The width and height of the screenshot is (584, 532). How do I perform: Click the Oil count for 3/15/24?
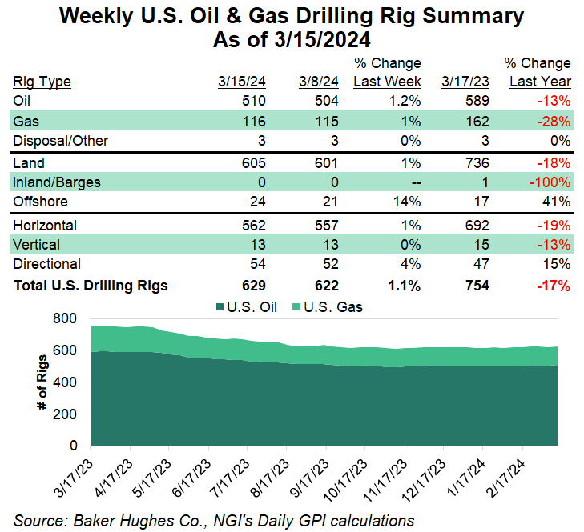252,101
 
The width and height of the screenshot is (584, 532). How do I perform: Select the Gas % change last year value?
554,122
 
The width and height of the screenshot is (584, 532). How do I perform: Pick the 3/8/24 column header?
319,82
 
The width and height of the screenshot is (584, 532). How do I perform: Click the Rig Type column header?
42,82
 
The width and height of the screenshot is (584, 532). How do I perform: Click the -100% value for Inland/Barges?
550,183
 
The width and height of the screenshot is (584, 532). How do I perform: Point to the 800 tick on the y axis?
65,318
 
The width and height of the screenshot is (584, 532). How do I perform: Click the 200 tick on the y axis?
65,414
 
